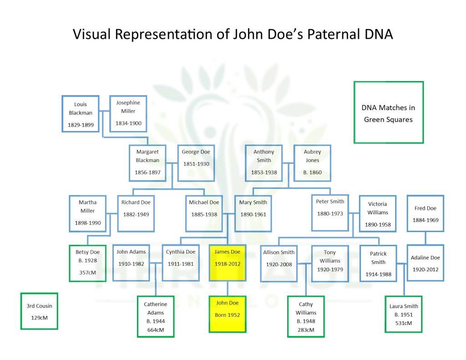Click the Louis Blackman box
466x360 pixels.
(81, 114)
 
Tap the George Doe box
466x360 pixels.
(196, 163)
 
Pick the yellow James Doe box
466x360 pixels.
(227, 264)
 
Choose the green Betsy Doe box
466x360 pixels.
(87, 264)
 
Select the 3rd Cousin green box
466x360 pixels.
(39, 311)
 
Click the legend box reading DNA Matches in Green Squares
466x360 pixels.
(388, 112)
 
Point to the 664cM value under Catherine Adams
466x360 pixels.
(156, 329)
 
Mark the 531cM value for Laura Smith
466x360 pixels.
(403, 323)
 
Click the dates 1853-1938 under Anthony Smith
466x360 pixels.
(264, 172)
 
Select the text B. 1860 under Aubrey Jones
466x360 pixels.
(312, 172)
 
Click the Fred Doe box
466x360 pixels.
(425, 213)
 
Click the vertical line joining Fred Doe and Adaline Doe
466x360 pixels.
(425, 238)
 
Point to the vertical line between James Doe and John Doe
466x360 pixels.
(227, 289)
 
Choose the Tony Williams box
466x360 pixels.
(329, 264)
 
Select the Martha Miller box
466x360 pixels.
(87, 213)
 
